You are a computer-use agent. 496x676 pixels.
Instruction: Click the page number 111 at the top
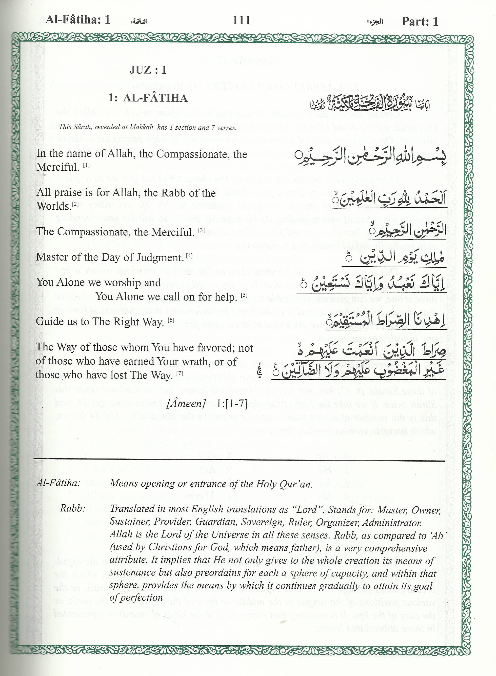(241, 21)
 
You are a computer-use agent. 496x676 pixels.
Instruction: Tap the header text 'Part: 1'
(420, 21)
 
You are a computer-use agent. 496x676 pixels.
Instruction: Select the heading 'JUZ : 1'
(148, 70)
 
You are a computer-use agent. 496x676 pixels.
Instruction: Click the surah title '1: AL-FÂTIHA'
(148, 98)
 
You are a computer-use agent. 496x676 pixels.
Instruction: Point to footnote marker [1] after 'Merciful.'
(87, 165)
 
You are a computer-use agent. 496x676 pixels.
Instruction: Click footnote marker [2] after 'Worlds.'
(75, 204)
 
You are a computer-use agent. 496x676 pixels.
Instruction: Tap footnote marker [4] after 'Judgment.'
(189, 255)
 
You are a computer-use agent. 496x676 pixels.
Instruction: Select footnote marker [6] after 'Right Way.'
(171, 320)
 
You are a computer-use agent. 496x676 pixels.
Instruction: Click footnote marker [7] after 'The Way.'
(180, 373)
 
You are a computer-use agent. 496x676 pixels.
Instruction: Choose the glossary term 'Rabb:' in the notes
(73, 508)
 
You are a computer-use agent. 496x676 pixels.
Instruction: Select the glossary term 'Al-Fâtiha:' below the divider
(58, 483)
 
